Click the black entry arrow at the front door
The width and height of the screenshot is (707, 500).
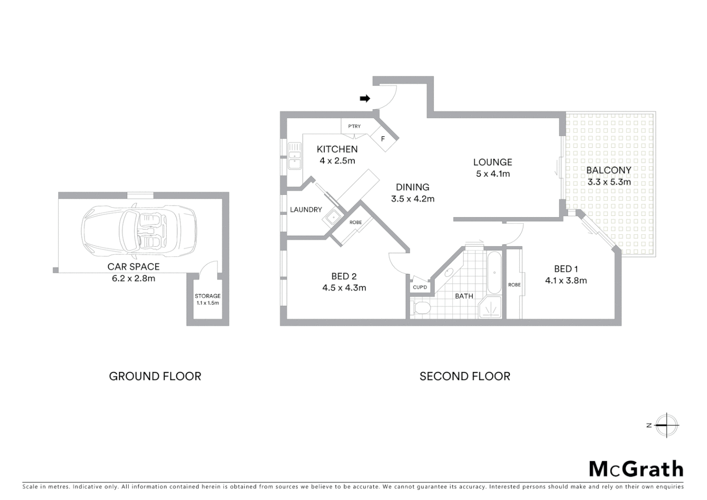click(365, 99)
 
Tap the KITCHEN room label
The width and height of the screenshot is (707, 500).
click(337, 149)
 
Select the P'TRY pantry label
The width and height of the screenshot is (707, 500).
click(354, 126)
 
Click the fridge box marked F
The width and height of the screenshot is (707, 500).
click(383, 139)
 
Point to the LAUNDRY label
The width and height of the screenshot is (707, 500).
click(306, 210)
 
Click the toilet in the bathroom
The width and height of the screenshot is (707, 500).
click(421, 307)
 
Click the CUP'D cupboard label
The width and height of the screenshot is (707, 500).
click(420, 287)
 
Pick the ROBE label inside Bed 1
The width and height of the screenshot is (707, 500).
click(514, 285)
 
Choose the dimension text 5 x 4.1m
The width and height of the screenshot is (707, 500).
click(493, 174)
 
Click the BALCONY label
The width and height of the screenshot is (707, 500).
click(608, 170)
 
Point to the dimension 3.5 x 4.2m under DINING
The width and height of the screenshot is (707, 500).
click(413, 199)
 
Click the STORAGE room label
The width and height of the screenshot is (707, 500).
click(207, 296)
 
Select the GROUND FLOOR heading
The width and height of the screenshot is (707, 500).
click(155, 376)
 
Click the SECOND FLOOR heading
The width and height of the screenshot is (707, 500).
click(465, 376)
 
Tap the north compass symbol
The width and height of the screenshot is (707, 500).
click(666, 425)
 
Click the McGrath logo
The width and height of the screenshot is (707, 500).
click(636, 469)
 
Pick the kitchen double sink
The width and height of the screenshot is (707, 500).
click(294, 156)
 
